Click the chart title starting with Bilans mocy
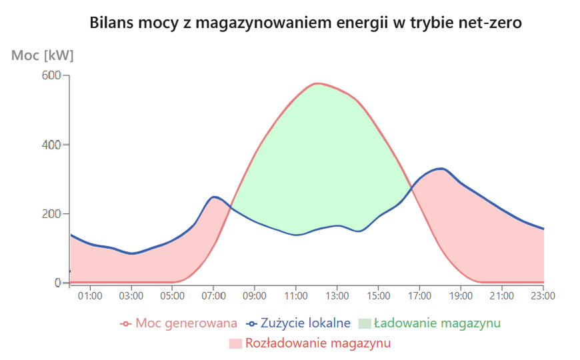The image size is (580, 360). click(305, 23)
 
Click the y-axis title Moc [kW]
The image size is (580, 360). click(43, 55)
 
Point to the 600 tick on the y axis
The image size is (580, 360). click(53, 75)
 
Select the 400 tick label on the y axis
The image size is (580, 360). click(53, 145)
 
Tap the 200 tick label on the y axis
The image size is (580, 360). click(53, 214)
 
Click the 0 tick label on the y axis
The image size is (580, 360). click(58, 283)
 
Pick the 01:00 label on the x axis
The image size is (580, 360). click(90, 295)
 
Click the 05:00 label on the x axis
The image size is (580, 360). click(173, 295)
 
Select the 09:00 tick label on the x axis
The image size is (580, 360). click(255, 295)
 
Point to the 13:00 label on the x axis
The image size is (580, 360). click(337, 295)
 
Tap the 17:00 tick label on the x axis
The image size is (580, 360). click(419, 295)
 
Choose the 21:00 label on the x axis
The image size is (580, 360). click(502, 295)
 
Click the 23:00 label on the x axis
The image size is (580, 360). click(543, 295)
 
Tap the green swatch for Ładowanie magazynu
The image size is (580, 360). click(364, 323)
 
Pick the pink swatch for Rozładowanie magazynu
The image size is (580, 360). click(235, 344)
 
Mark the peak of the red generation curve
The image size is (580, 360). click(317, 83)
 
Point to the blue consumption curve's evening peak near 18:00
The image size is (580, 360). click(440, 168)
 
